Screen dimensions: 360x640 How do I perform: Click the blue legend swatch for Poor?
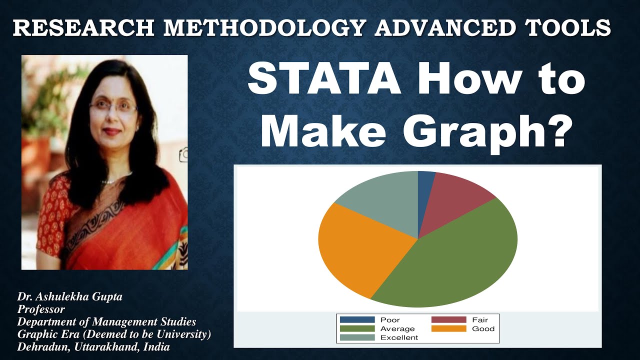[x=357, y=319]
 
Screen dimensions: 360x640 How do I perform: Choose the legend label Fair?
[x=479, y=319]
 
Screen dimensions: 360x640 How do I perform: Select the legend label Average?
[x=397, y=328]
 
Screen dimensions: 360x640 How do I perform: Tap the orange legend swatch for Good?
[x=448, y=328]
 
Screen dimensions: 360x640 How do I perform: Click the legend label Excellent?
[x=399, y=337]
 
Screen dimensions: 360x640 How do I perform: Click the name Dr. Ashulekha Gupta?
[x=70, y=296]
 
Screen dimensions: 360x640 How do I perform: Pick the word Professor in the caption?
[x=41, y=309]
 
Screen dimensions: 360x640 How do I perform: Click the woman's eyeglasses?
[x=113, y=106]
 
